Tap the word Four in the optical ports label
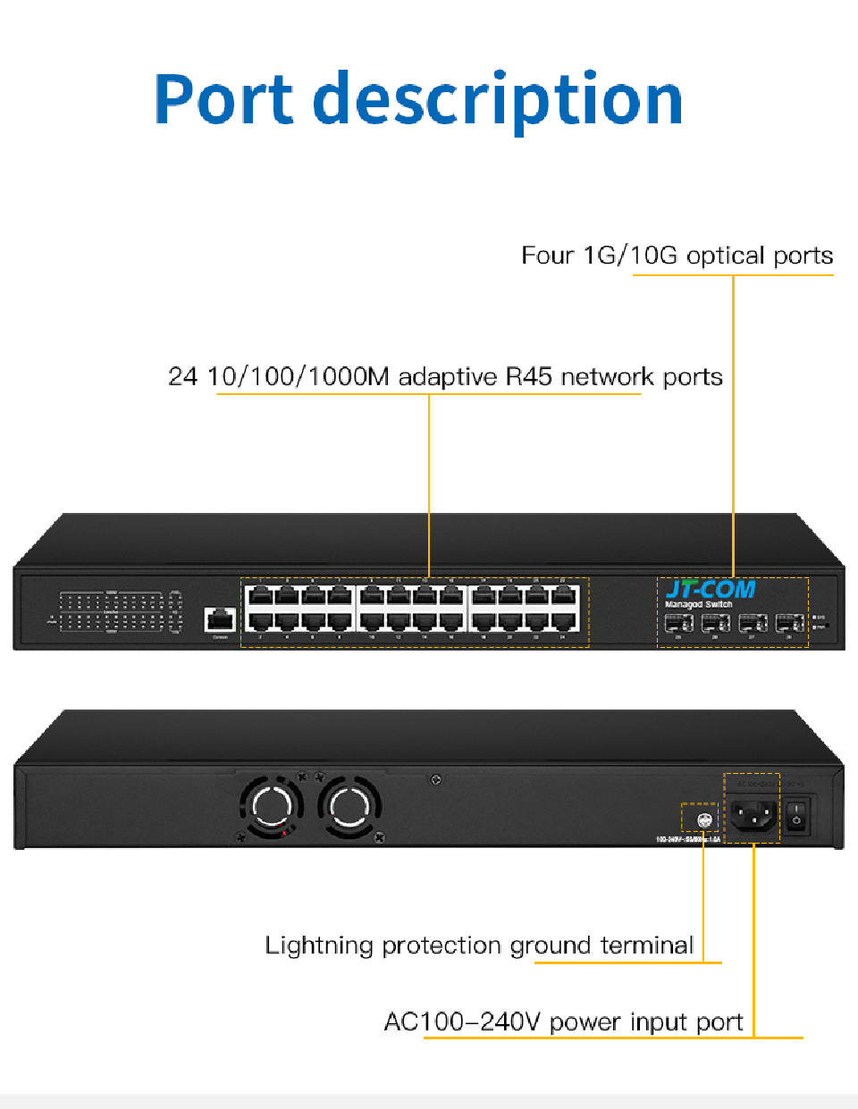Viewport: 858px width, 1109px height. pyautogui.click(x=547, y=256)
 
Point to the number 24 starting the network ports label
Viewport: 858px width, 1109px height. pyautogui.click(x=182, y=376)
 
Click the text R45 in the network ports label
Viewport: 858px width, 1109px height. pyautogui.click(x=529, y=376)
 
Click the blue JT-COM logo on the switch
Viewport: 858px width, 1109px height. pyautogui.click(x=711, y=589)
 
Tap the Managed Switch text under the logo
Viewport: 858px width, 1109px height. pyautogui.click(x=698, y=605)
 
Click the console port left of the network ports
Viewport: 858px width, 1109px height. pyautogui.click(x=220, y=618)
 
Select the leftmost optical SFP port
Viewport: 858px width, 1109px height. pyautogui.click(x=678, y=622)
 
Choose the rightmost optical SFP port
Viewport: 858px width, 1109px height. pyautogui.click(x=789, y=622)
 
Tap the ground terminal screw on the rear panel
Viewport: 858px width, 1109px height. pyautogui.click(x=703, y=819)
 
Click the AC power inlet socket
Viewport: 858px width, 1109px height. pyautogui.click(x=753, y=814)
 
